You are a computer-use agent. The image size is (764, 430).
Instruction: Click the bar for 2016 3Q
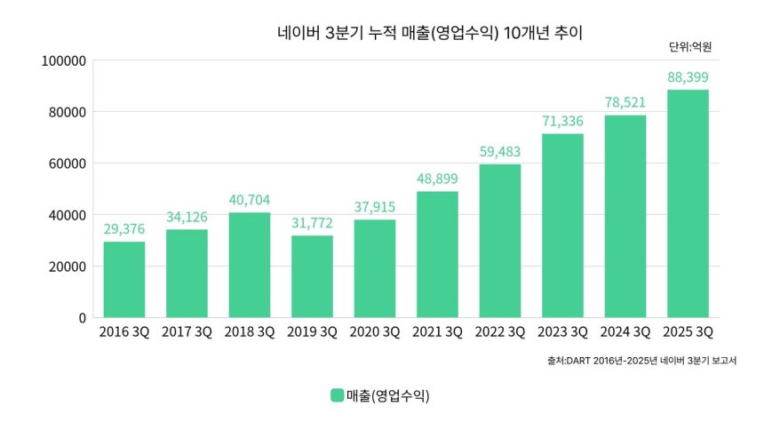pyautogui.click(x=124, y=279)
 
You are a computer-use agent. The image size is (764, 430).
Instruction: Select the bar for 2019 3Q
pyautogui.click(x=312, y=275)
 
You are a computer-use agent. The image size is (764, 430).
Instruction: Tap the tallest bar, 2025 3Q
pyautogui.click(x=688, y=203)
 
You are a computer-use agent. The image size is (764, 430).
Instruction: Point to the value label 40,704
pyautogui.click(x=250, y=201)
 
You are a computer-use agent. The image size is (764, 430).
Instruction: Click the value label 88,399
pyautogui.click(x=688, y=78)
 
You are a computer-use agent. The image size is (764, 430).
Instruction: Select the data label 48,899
pyautogui.click(x=437, y=179)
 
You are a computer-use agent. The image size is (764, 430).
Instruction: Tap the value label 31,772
pyautogui.click(x=312, y=224)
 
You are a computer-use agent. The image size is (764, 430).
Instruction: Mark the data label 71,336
pyautogui.click(x=562, y=122)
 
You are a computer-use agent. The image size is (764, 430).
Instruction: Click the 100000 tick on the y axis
pyautogui.click(x=64, y=61)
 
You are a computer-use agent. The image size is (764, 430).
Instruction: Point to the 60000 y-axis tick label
pyautogui.click(x=68, y=163)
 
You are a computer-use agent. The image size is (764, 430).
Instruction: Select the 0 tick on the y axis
pyautogui.click(x=82, y=317)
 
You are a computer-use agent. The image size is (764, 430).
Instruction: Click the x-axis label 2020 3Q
pyautogui.click(x=375, y=332)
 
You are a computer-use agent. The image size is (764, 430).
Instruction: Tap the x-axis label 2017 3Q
pyautogui.click(x=187, y=332)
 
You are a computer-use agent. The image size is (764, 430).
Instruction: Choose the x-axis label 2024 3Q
pyautogui.click(x=625, y=332)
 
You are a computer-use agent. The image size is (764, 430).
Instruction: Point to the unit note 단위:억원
pyautogui.click(x=691, y=46)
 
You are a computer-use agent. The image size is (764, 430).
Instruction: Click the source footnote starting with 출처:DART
pyautogui.click(x=642, y=361)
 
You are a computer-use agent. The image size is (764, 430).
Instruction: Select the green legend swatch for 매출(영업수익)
pyautogui.click(x=338, y=395)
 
